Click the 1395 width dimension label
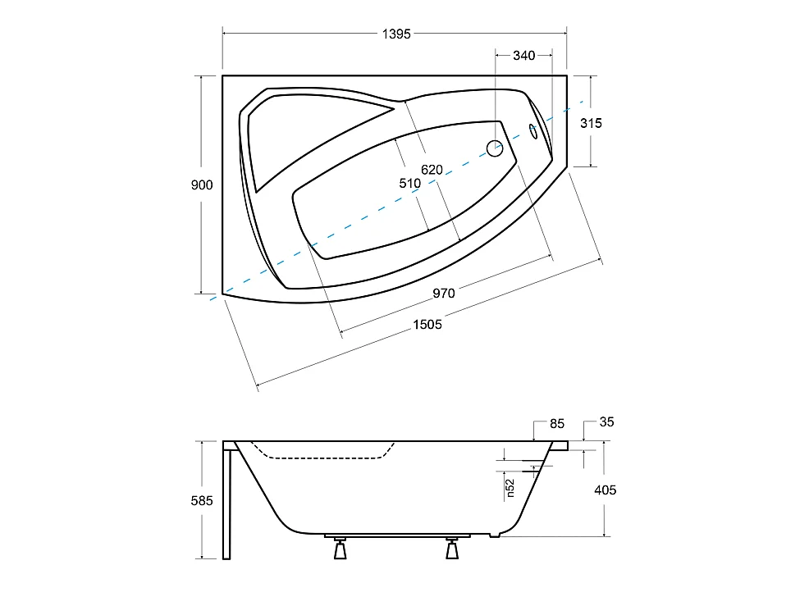pyautogui.click(x=396, y=34)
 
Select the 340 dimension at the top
pyautogui.click(x=523, y=56)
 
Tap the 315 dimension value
pyautogui.click(x=591, y=123)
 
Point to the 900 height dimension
pyautogui.click(x=202, y=185)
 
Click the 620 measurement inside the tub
pyautogui.click(x=432, y=170)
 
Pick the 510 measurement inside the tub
pyautogui.click(x=409, y=183)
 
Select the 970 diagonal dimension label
pyautogui.click(x=444, y=294)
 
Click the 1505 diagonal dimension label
pyautogui.click(x=427, y=325)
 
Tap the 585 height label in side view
pyautogui.click(x=202, y=501)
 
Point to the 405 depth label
pyautogui.click(x=606, y=490)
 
